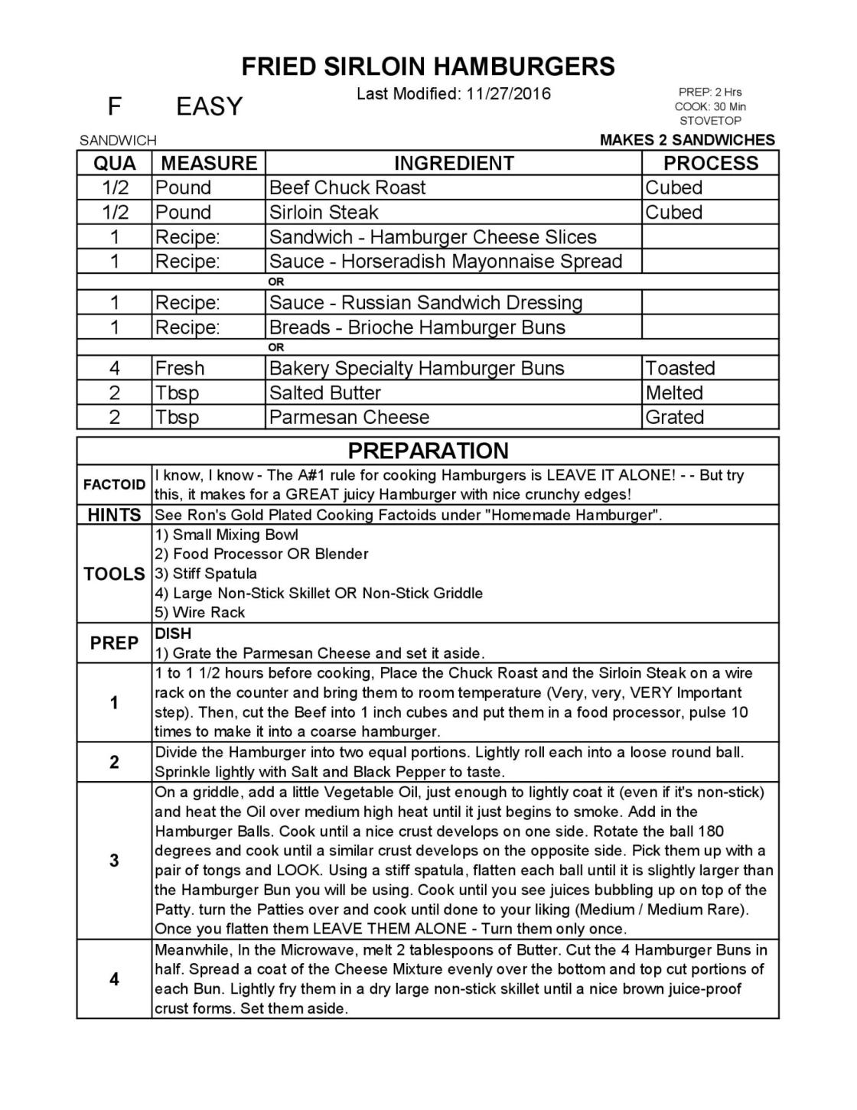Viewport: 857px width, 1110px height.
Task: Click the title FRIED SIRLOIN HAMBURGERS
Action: click(428, 67)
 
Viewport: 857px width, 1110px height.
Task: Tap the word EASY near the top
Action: click(209, 106)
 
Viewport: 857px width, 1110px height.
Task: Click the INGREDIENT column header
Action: click(453, 163)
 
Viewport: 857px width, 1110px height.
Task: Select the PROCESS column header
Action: click(710, 163)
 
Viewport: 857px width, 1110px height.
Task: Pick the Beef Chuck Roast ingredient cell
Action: click(347, 187)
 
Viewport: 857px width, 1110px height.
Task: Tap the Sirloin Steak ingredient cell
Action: click(324, 212)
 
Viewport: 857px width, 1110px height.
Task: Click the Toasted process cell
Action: click(679, 368)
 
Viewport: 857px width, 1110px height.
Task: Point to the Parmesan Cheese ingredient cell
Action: click(349, 417)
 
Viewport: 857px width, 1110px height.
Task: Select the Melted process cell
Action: click(673, 392)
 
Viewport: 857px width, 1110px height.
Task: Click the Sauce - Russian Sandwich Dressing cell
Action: click(425, 302)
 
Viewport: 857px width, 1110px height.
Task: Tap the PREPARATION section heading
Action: click(428, 451)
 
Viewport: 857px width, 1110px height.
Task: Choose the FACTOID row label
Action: click(114, 484)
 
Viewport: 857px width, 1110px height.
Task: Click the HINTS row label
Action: click(114, 515)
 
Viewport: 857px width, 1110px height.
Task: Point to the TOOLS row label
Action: click(114, 574)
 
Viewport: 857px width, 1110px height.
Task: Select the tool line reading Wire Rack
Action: click(200, 612)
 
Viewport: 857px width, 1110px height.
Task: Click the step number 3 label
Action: click(114, 861)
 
